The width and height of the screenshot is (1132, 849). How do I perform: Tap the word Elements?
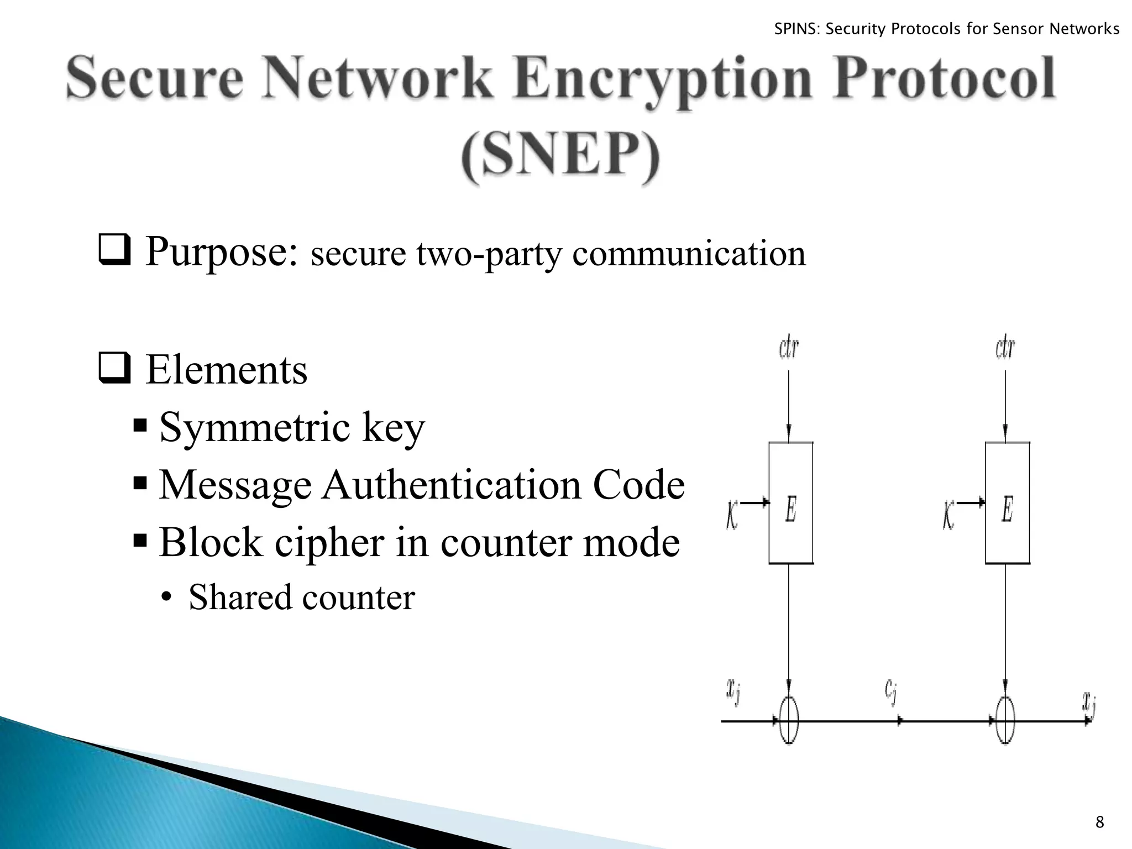point(227,370)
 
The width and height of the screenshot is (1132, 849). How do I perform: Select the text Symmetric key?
point(292,427)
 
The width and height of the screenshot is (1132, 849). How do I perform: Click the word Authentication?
point(452,485)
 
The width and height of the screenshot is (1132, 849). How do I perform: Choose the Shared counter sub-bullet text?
point(301,598)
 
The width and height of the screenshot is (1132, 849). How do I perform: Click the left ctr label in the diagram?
point(789,348)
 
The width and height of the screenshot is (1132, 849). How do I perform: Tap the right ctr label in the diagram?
point(1005,348)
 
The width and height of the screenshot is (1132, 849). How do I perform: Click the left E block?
point(791,503)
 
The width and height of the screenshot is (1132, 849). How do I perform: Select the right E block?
point(1007,503)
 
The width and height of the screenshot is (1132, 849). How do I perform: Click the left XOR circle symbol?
point(789,721)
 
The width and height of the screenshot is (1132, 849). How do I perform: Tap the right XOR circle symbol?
point(1005,721)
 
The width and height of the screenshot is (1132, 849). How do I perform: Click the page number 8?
point(1099,822)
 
